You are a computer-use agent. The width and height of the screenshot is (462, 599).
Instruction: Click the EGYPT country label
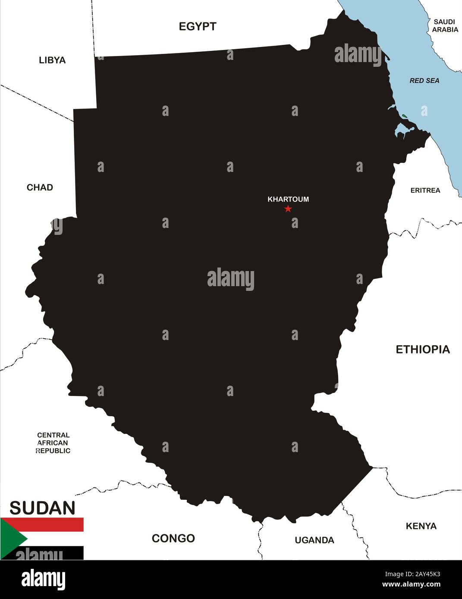coord(198,27)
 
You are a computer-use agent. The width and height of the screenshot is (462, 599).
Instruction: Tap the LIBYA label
coord(52,60)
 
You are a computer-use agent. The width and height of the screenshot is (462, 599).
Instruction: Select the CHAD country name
coord(40,187)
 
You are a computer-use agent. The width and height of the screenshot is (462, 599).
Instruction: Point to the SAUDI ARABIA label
coord(445,26)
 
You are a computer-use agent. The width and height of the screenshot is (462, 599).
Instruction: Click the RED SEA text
coord(424,81)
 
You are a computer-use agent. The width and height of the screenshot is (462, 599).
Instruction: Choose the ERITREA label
coord(425,190)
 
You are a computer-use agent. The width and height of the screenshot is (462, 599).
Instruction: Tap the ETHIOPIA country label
coord(423,349)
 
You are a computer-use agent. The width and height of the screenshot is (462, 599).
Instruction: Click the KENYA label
coord(421,526)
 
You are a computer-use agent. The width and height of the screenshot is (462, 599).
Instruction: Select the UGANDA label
coord(314,540)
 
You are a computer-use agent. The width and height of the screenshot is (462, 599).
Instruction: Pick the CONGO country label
coord(173,538)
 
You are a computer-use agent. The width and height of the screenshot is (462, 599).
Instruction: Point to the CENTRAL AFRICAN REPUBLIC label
coord(53,443)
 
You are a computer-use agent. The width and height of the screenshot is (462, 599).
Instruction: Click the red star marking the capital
coord(288,209)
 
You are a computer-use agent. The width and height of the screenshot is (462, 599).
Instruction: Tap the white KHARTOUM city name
coord(288,200)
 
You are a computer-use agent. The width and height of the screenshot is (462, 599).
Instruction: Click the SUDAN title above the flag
coord(42,509)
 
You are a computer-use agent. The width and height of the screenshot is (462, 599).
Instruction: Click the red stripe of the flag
coord(52,524)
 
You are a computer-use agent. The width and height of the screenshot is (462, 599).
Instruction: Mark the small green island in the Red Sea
coord(404,116)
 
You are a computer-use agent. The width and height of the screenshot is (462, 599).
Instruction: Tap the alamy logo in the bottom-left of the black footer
coord(44,579)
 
